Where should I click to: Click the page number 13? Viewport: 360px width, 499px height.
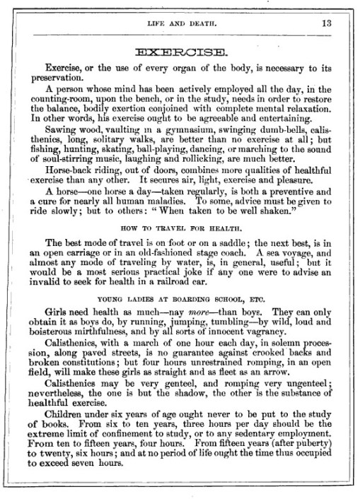[x=325, y=22]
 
